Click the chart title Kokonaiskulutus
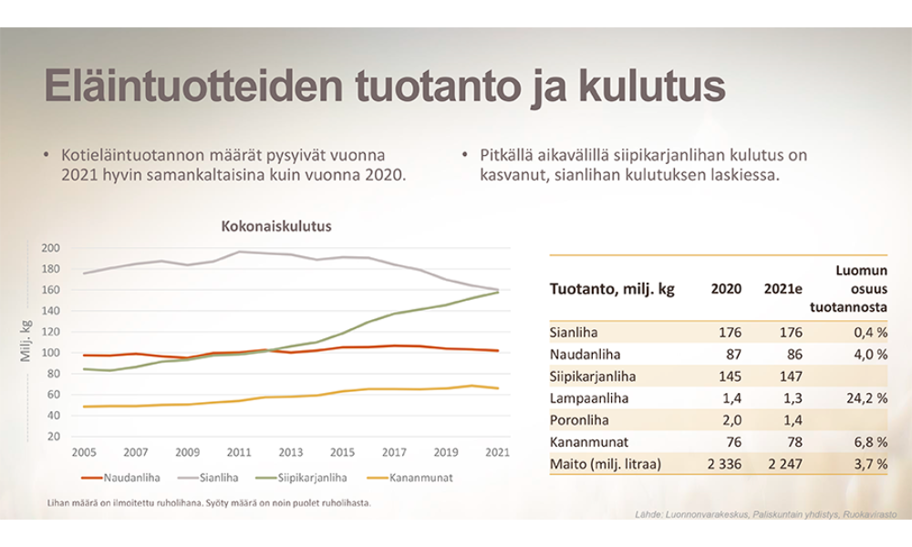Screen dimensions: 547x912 tap(276, 225)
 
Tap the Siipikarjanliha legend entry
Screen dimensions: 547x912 tap(306, 477)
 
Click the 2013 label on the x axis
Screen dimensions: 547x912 tap(291, 452)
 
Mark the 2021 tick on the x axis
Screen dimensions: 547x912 tap(498, 452)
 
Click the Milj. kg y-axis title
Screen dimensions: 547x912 tap(26, 342)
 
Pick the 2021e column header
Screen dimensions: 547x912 tap(783, 289)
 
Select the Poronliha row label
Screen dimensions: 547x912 tap(576, 419)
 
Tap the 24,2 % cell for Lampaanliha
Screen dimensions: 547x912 tap(865, 397)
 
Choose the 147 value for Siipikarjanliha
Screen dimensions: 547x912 tap(791, 376)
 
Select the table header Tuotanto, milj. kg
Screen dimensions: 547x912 tap(612, 289)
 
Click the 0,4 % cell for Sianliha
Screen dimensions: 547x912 tap(869, 332)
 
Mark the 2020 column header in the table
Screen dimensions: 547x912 tap(726, 289)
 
